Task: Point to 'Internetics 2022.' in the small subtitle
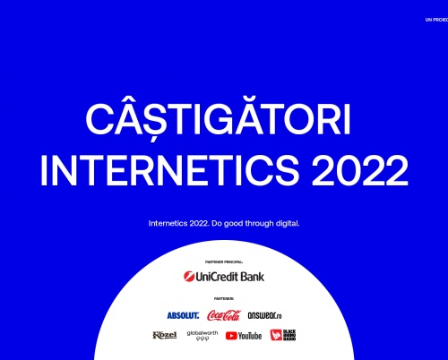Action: pos(178,222)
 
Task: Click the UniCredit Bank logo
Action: pos(224,277)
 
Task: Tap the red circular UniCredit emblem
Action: pos(188,277)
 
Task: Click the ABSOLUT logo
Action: pos(183,315)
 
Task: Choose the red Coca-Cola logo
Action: pos(224,314)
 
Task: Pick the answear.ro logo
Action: pos(264,315)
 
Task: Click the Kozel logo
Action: pos(164,335)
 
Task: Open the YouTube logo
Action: pos(244,336)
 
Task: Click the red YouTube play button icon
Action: pos(231,336)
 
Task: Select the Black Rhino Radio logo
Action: pos(282,335)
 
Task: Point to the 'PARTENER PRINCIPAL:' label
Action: pos(224,262)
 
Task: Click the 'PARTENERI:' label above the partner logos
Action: pos(224,298)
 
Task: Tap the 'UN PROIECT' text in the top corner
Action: pos(436,20)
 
